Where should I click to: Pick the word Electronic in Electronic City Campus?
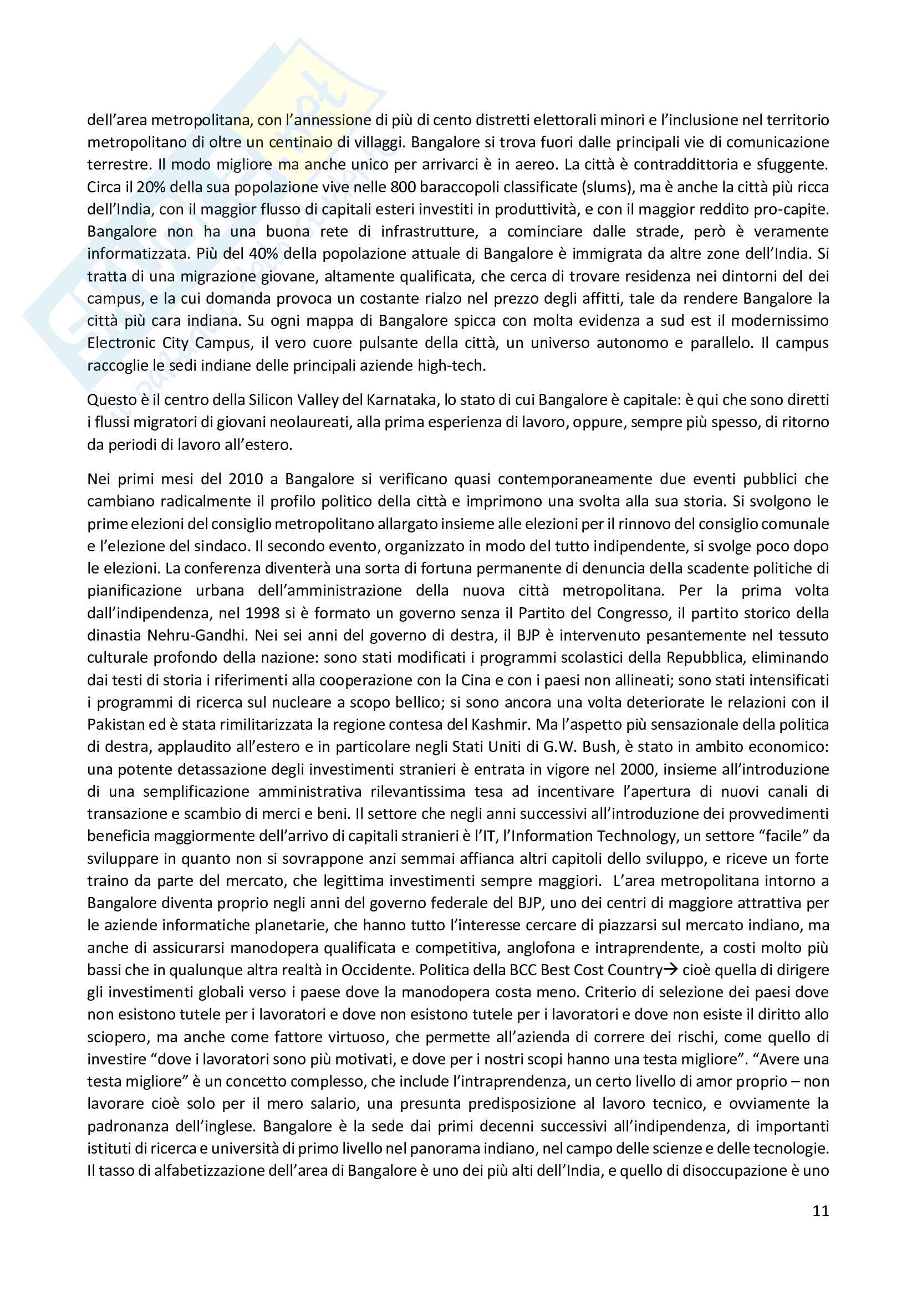tap(121, 342)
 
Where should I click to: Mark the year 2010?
tap(246, 479)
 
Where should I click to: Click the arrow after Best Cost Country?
tap(670, 970)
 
